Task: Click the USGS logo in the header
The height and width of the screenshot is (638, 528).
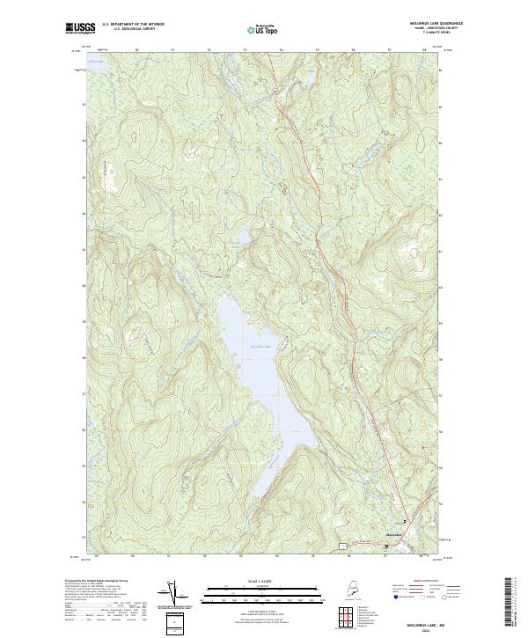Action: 80,28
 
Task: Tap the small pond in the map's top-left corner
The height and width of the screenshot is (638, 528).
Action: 97,62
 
